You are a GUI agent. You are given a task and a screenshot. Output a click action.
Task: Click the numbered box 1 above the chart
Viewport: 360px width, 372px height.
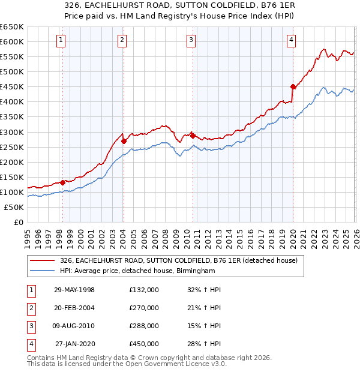62,40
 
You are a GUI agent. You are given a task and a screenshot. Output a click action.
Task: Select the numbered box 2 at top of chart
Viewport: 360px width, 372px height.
122,40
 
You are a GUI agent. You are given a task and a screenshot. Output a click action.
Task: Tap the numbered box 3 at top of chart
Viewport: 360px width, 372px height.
191,40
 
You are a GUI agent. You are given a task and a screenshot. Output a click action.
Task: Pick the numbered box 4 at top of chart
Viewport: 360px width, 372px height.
291,40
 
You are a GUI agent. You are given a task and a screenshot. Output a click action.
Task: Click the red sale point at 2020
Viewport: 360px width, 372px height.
293,86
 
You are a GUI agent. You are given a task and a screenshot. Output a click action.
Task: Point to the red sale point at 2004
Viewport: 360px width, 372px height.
124,141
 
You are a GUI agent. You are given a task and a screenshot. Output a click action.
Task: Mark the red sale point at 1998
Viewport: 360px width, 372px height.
62,182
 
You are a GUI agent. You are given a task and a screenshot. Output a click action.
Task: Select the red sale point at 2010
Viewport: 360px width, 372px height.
193,136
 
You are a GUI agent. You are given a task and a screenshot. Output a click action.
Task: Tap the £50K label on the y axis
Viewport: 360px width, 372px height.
14,207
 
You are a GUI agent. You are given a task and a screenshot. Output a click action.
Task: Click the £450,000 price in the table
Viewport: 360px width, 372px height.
144,344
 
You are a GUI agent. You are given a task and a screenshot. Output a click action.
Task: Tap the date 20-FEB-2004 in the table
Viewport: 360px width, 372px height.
74,308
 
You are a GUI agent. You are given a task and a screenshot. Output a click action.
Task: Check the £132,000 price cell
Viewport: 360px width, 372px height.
144,290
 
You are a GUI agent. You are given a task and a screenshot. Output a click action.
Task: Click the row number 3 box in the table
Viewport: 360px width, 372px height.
30,326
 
